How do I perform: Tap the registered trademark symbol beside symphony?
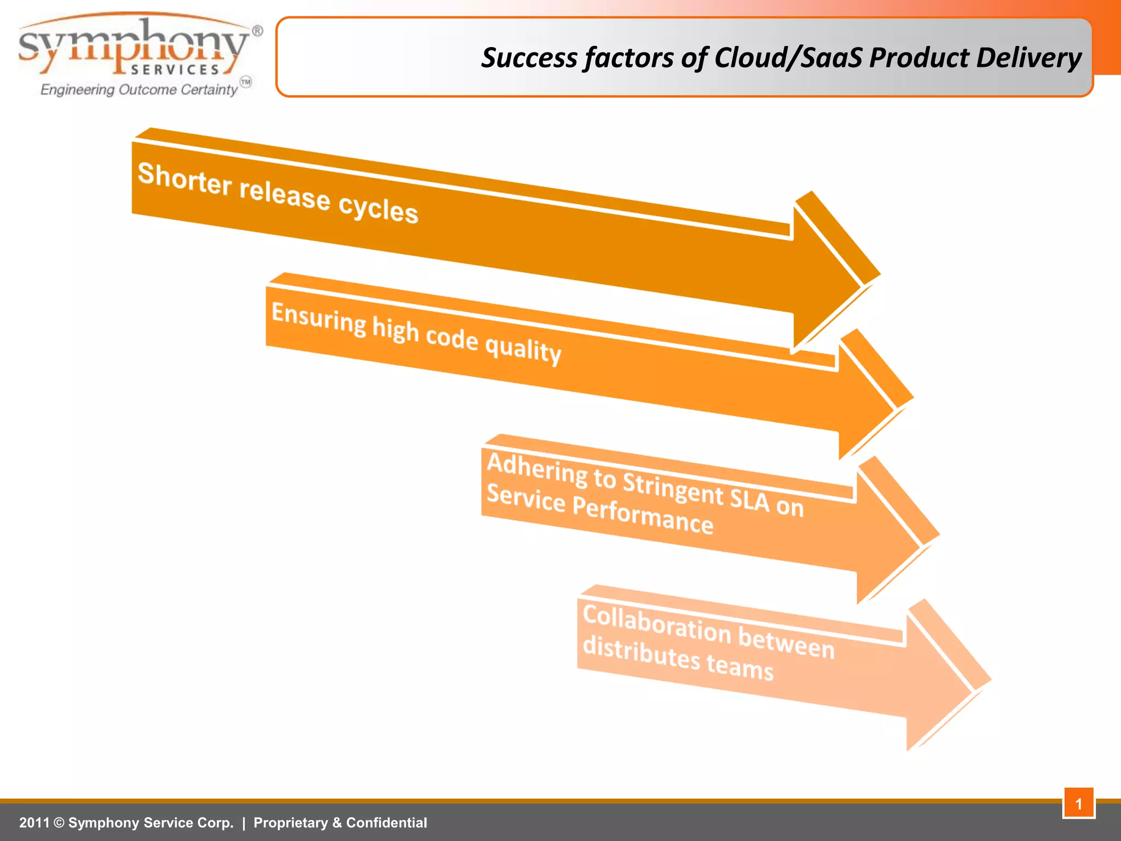click(257, 31)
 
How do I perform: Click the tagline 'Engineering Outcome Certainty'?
click(140, 89)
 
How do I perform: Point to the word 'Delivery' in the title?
click(1028, 58)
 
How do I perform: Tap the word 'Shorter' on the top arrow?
click(184, 178)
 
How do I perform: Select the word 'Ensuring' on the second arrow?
click(319, 319)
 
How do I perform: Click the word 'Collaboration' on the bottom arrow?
click(657, 624)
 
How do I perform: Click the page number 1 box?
click(1078, 803)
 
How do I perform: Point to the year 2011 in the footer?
click(34, 823)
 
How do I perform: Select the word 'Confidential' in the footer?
click(386, 823)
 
